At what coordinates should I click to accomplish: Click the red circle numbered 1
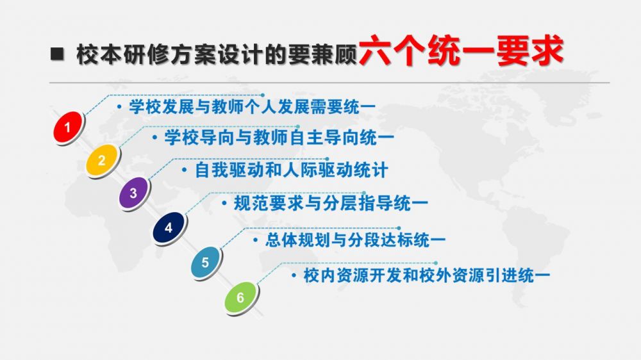[x=69, y=127]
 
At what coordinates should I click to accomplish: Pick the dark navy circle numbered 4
[x=169, y=227]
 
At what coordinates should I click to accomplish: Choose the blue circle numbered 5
[x=206, y=262]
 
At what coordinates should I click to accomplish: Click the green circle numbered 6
[x=241, y=297]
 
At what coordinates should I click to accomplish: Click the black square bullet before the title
[x=57, y=54]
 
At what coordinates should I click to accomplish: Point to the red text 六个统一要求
[x=461, y=51]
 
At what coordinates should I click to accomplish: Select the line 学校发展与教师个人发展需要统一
[x=252, y=107]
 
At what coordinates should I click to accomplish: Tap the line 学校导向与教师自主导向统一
[x=279, y=137]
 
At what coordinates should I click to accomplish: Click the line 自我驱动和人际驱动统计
[x=291, y=170]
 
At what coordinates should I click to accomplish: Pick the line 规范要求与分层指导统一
[x=331, y=203]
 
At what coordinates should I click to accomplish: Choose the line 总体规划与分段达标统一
[x=355, y=240]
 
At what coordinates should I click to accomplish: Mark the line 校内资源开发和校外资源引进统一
[x=426, y=275]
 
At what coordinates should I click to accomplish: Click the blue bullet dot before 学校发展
[x=119, y=107]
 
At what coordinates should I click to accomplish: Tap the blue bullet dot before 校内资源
[x=294, y=276]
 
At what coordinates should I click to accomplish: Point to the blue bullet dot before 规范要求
[x=224, y=203]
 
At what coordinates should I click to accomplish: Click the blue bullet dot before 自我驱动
[x=185, y=170]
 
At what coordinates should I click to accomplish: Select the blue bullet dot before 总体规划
[x=256, y=240]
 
